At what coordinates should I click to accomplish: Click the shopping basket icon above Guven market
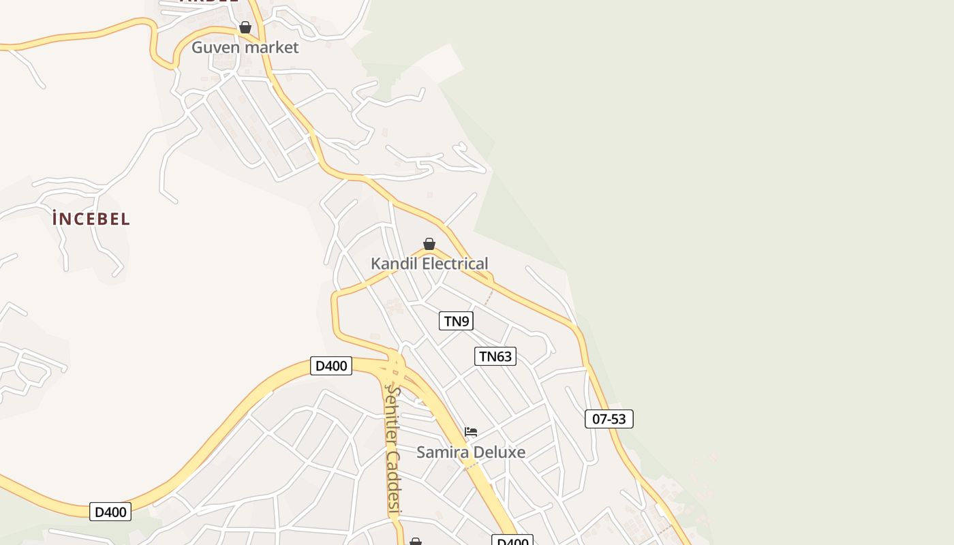pyautogui.click(x=245, y=28)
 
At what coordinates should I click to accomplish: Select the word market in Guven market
pyautogui.click(x=271, y=48)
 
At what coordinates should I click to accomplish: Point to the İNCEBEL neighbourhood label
pyautogui.click(x=91, y=219)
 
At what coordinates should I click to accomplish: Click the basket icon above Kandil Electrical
pyautogui.click(x=429, y=244)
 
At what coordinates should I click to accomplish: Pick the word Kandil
pyautogui.click(x=393, y=264)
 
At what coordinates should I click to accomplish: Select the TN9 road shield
pyautogui.click(x=457, y=321)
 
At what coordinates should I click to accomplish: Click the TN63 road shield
pyautogui.click(x=495, y=356)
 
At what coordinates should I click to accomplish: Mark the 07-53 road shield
pyautogui.click(x=609, y=419)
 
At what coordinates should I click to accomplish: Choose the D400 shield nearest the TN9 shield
pyautogui.click(x=331, y=366)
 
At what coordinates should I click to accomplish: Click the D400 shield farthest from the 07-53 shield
pyautogui.click(x=110, y=512)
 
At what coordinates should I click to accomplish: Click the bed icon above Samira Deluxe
pyautogui.click(x=471, y=432)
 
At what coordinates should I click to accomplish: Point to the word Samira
pyautogui.click(x=441, y=452)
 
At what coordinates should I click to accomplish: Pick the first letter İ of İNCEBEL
pyautogui.click(x=55, y=219)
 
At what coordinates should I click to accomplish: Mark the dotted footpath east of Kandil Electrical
pyautogui.click(x=489, y=296)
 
